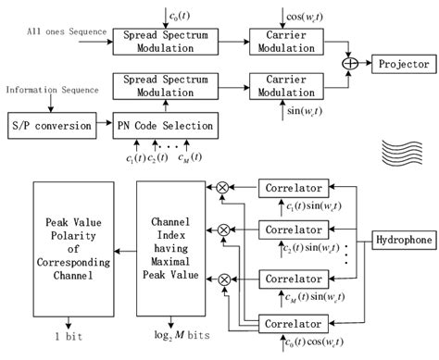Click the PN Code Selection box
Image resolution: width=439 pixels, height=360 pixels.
164,124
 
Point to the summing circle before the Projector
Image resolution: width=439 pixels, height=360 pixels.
351,65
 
